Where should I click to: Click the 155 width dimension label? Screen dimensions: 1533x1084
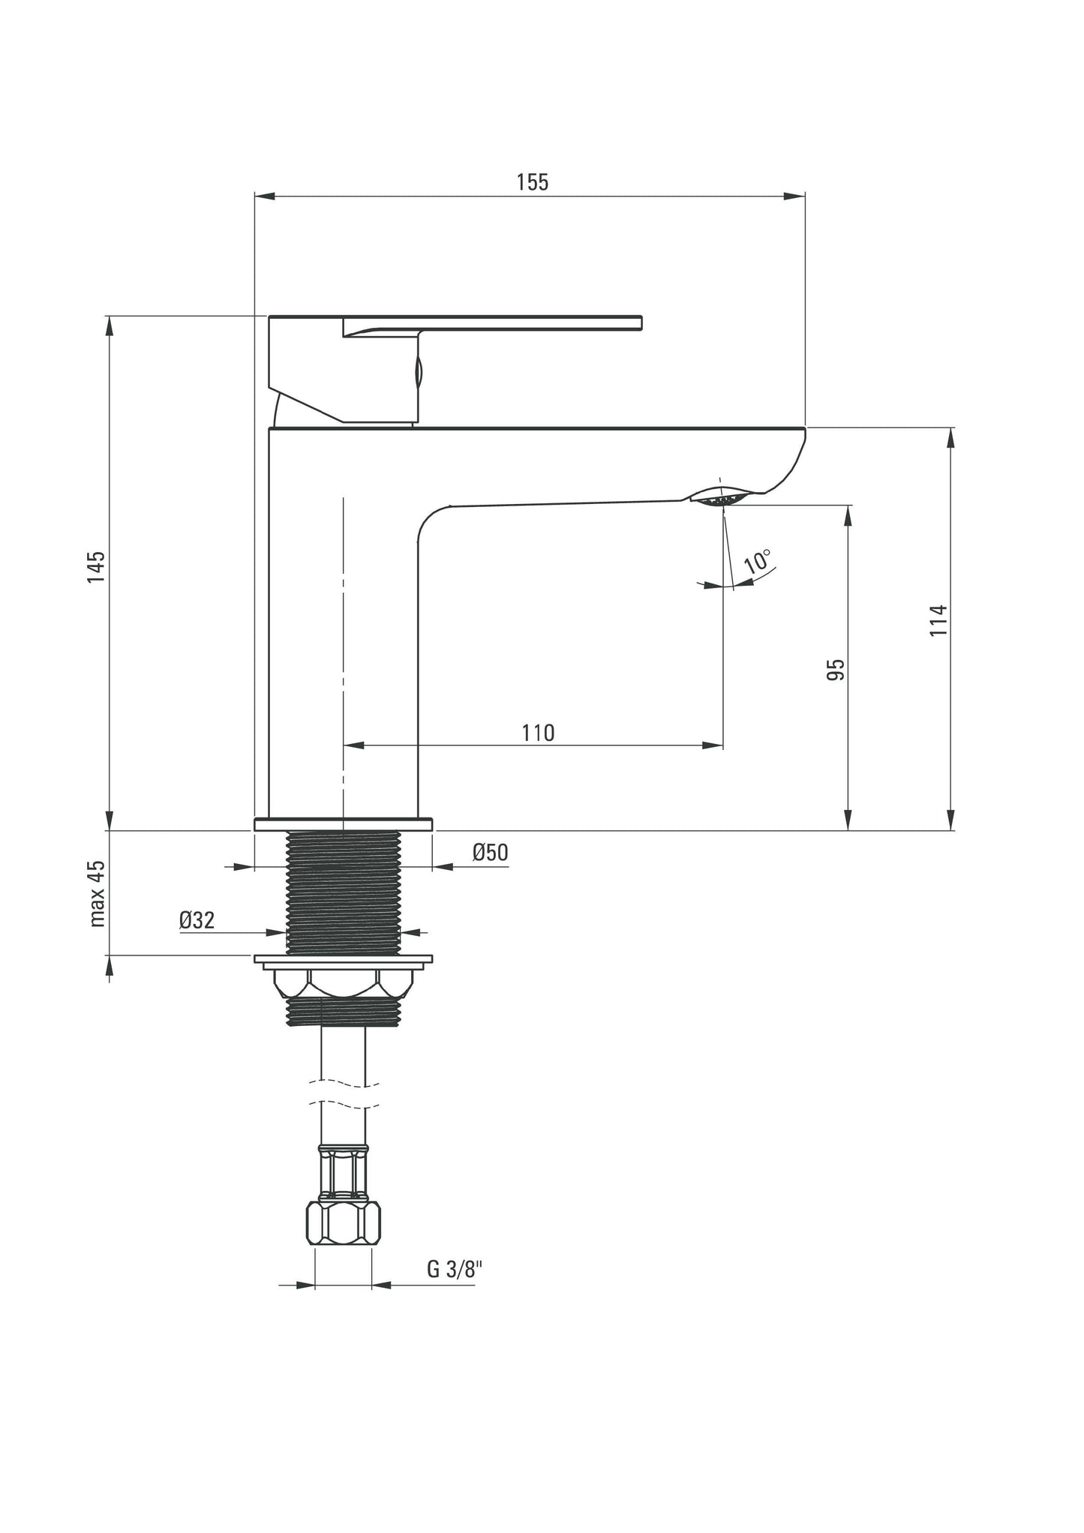(533, 182)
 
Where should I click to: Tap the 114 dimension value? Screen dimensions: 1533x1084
(938, 620)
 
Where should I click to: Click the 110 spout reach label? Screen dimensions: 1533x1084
(539, 732)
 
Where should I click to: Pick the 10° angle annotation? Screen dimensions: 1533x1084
(758, 561)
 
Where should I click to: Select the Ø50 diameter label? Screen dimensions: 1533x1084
(491, 853)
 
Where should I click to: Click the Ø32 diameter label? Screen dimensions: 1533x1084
(197, 920)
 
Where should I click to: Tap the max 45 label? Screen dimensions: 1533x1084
(98, 894)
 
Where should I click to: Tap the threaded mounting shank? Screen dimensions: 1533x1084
(344, 892)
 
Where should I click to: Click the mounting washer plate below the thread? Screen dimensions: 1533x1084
(344, 959)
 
